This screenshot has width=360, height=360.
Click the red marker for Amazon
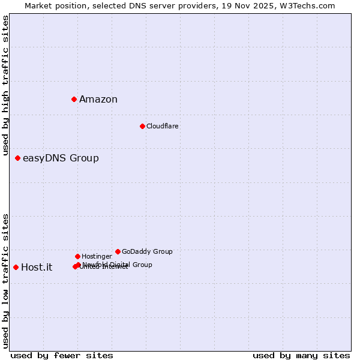[74, 99]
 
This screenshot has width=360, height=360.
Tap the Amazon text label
[98, 100]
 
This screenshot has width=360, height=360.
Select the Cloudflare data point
[142, 126]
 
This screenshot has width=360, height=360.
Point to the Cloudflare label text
[162, 126]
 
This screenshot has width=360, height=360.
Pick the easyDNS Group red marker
[17, 158]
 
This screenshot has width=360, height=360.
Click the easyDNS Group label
[61, 158]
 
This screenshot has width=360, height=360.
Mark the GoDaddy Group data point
[118, 251]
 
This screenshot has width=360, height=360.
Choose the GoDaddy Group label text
[147, 251]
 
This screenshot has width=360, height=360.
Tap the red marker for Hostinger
[77, 256]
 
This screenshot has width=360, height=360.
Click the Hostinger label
[97, 256]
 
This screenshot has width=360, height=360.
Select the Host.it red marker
[16, 267]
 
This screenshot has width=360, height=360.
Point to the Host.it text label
[37, 268]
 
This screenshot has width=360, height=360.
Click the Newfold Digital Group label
[118, 264]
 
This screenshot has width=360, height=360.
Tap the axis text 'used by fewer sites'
[62, 355]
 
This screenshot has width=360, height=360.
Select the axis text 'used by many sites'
[301, 355]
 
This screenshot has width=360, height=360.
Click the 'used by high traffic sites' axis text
[5, 85]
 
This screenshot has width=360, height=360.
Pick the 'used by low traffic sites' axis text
[5, 281]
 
